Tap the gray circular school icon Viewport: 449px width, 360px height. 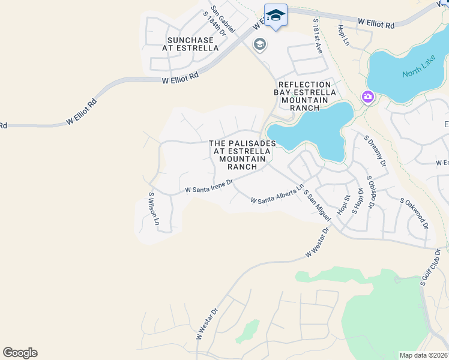coord(260,44)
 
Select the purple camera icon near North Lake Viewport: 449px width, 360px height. coord(367,97)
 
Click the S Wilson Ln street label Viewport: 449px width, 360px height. coord(154,209)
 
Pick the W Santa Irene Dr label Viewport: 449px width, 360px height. coord(209,188)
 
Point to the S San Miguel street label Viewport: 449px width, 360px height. coord(318,205)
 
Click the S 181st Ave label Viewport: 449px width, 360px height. coord(318,36)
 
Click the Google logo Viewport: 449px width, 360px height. coord(20,353)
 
